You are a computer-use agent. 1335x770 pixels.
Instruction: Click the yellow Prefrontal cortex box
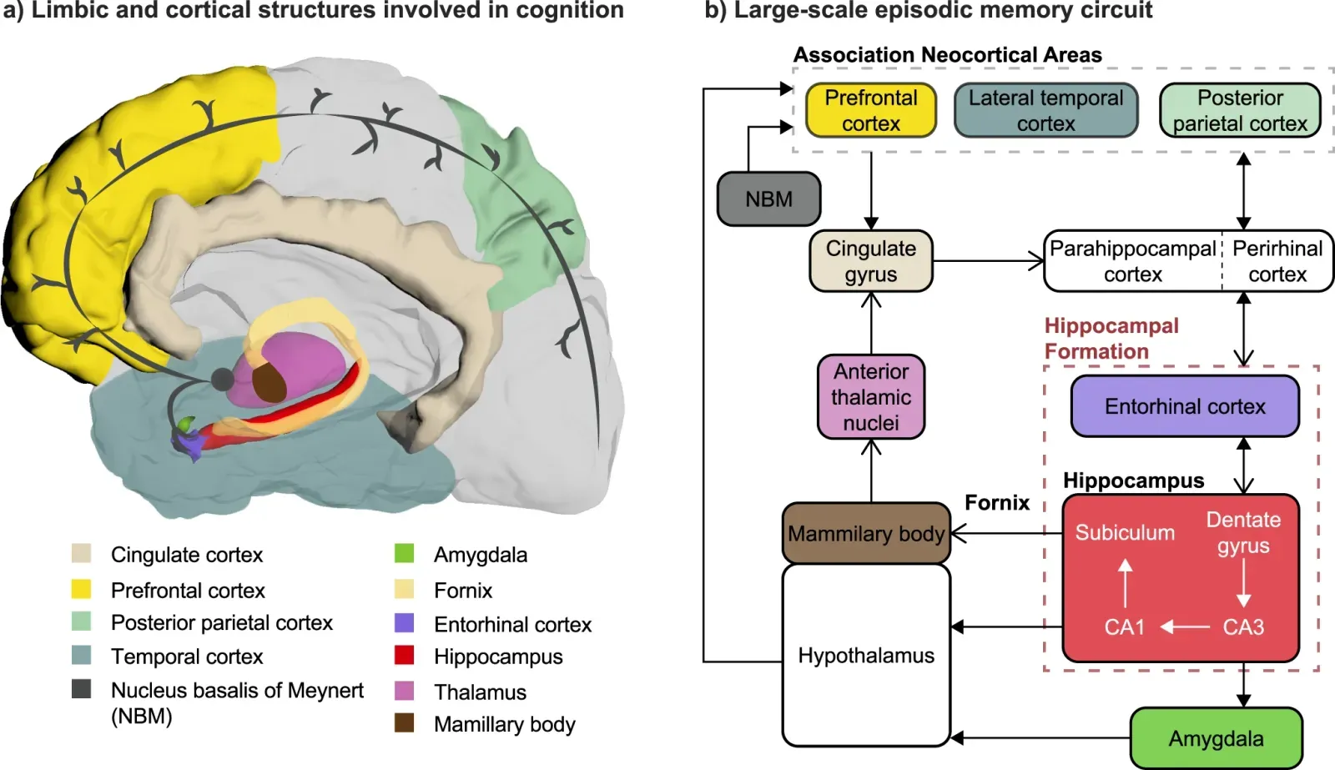coord(870,110)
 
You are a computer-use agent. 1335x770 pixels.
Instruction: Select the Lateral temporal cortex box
coord(1045,110)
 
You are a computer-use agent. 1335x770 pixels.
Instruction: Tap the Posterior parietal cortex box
coord(1240,110)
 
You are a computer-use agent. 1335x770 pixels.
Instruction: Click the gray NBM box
coord(768,199)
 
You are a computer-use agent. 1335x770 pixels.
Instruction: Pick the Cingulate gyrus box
coord(870,261)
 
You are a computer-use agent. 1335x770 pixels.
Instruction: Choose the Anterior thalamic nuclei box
coord(870,397)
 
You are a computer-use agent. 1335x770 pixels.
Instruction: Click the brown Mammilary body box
coord(866,533)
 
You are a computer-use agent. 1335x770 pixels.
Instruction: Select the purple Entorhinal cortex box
coord(1185,406)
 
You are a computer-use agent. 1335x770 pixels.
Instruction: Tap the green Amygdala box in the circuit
coord(1216,738)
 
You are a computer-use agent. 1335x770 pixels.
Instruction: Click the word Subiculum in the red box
coord(1124,532)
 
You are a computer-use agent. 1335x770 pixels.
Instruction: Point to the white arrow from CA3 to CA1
coord(1185,627)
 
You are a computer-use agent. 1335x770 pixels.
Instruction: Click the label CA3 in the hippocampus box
coord(1243,627)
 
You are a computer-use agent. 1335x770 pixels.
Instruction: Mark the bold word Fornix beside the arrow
coord(997,502)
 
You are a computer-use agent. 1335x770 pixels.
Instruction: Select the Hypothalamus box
coord(866,655)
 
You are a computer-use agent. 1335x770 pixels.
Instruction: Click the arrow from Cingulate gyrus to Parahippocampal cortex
coord(988,261)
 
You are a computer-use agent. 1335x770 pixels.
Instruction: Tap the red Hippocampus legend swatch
coord(405,656)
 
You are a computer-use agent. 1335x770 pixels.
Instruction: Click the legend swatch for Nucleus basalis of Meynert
coord(81,689)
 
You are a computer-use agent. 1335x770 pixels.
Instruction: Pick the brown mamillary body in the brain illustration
coord(270,383)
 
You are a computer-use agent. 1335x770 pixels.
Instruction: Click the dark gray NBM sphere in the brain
coord(222,380)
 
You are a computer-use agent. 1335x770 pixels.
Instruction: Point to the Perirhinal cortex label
coord(1277,261)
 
